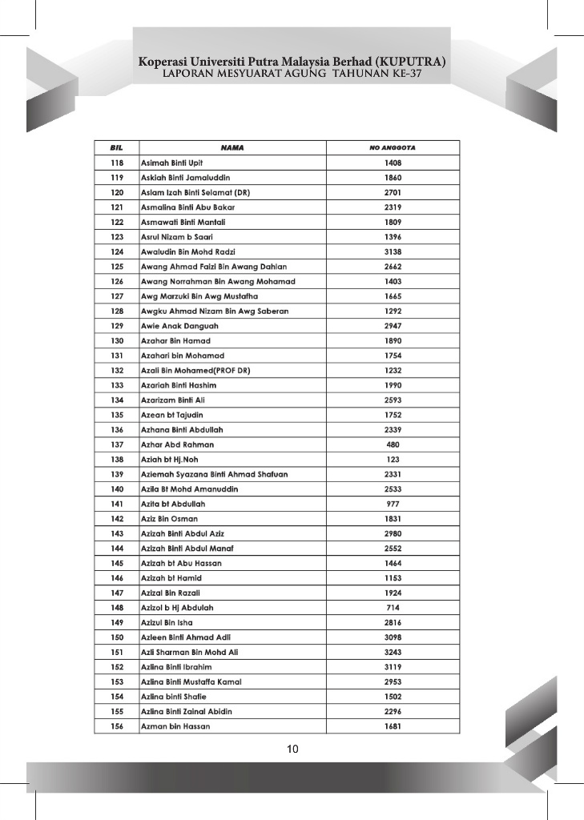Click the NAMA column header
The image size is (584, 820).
[x=232, y=148]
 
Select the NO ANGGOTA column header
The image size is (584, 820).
[x=393, y=148]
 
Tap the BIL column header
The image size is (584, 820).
[x=116, y=148]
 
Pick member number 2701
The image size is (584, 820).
[x=393, y=192]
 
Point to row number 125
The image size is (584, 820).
[x=116, y=267]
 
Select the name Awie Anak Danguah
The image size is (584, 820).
[x=179, y=326]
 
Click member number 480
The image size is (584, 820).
[x=393, y=444]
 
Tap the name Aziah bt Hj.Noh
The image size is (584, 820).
[x=169, y=460]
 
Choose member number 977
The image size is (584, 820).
[x=393, y=504]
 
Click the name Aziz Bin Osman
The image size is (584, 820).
[x=169, y=519]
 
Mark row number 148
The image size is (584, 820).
[x=116, y=608]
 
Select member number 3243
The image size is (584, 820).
[x=393, y=652]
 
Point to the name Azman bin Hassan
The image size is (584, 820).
[x=175, y=726]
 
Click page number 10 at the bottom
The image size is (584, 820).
[x=292, y=750]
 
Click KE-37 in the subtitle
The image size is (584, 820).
[x=405, y=74]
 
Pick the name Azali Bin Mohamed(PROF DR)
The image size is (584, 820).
[x=190, y=371]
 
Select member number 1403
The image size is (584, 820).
[x=393, y=282]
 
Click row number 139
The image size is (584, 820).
[x=116, y=474]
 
